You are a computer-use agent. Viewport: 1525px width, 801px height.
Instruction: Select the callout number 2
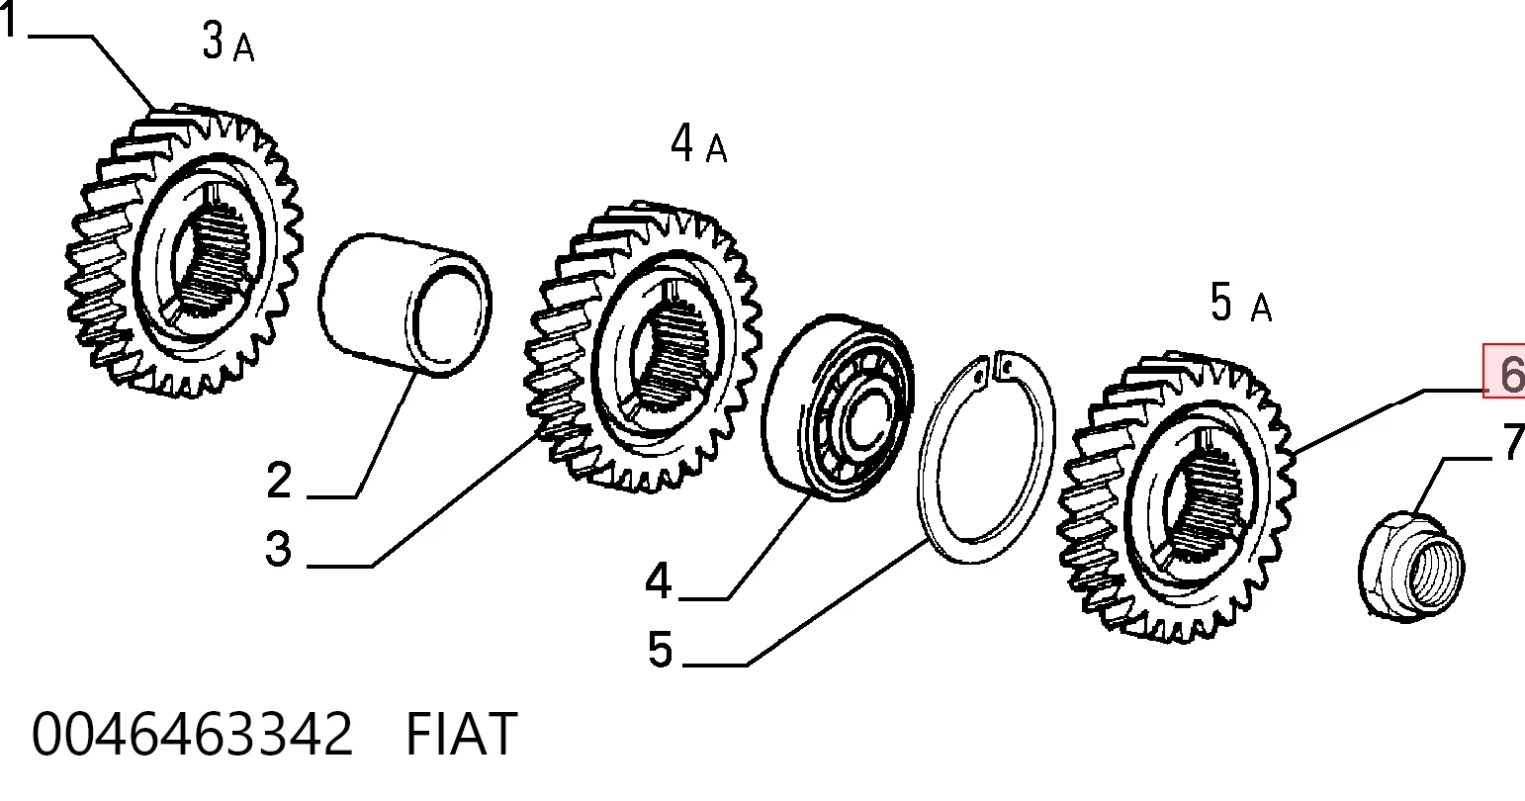click(x=279, y=481)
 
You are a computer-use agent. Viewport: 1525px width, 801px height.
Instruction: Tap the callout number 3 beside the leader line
click(x=279, y=549)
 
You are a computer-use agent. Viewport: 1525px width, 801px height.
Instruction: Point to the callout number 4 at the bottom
click(x=659, y=581)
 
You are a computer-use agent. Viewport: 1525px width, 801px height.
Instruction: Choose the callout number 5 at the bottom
click(x=660, y=649)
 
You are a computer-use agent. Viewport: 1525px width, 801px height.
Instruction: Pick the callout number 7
click(x=1514, y=442)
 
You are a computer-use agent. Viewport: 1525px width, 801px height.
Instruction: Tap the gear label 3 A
click(x=228, y=42)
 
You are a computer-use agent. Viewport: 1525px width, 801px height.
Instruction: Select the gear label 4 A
click(x=698, y=143)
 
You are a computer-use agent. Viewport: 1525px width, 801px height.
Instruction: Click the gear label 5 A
click(x=1240, y=303)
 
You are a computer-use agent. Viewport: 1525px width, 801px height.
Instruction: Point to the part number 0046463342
click(x=192, y=735)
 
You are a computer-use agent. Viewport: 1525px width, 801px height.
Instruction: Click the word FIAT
click(x=462, y=735)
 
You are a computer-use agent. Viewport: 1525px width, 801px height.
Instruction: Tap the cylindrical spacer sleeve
click(x=405, y=305)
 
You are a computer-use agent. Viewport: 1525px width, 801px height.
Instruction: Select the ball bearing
click(x=838, y=407)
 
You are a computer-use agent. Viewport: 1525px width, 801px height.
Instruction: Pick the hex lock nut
click(x=1411, y=567)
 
